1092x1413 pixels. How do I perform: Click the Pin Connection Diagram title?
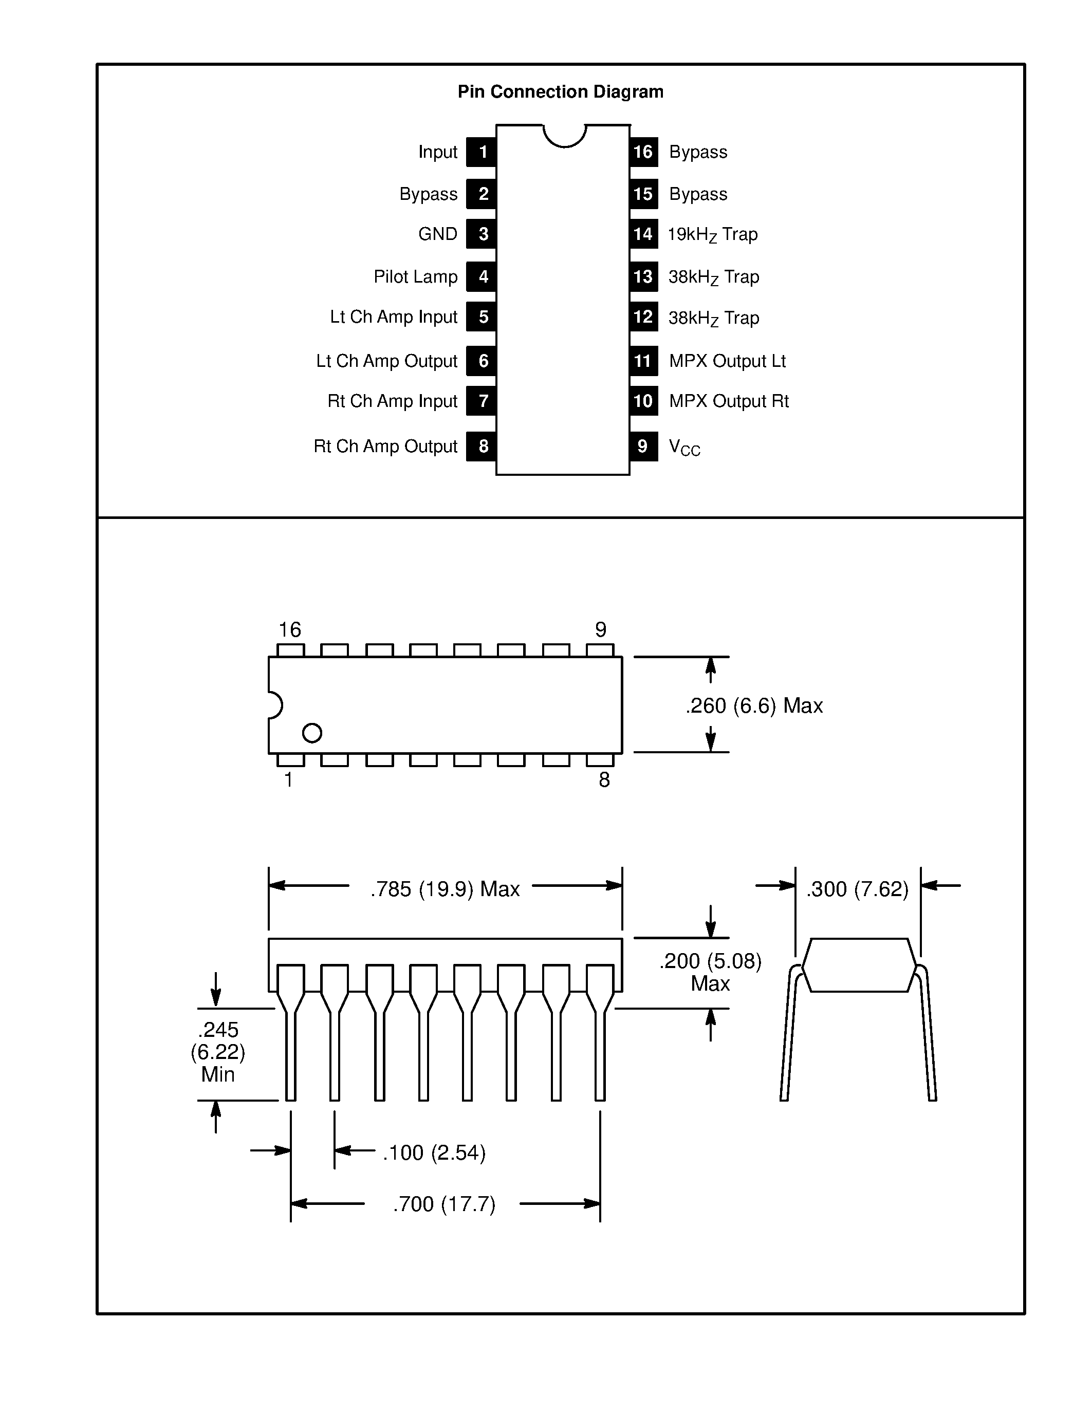coord(560,92)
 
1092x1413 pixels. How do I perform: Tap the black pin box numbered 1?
coord(482,152)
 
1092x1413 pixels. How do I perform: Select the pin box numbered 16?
coord(643,152)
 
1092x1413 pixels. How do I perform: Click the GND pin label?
coord(437,234)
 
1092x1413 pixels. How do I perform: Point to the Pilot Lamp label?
coord(415,277)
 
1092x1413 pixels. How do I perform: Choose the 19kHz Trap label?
coord(712,235)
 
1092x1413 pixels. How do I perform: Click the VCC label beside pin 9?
coord(684,447)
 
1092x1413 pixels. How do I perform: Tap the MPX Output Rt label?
coord(729,401)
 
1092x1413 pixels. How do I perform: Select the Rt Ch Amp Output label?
coord(385,447)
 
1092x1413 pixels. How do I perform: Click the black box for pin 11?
coord(643,361)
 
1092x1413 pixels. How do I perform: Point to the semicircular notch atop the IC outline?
coord(564,135)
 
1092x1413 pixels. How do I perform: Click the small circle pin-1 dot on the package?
coord(312,733)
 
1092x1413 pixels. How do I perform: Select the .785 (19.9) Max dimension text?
coord(445,889)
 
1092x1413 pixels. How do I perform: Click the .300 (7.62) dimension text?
coord(857,889)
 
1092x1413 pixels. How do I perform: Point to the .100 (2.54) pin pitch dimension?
coord(434,1152)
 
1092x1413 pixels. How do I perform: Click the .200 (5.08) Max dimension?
coord(710,972)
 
